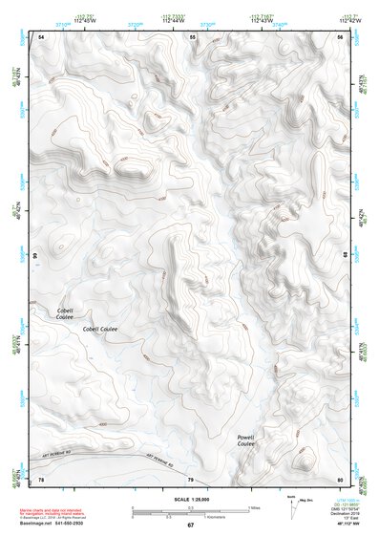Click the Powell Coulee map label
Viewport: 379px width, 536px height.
245,440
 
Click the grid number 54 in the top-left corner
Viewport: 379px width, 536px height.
41,36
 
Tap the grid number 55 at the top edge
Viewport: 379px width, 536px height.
192,36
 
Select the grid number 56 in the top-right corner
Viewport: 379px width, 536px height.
341,36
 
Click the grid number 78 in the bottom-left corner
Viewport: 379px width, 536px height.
41,479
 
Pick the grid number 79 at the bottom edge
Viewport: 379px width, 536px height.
190,479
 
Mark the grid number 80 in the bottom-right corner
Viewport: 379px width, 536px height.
341,479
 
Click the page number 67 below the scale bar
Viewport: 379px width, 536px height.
190,525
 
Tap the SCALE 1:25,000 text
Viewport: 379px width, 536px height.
190,500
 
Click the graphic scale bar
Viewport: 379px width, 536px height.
190,509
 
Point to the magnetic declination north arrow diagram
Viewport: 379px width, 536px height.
292,505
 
